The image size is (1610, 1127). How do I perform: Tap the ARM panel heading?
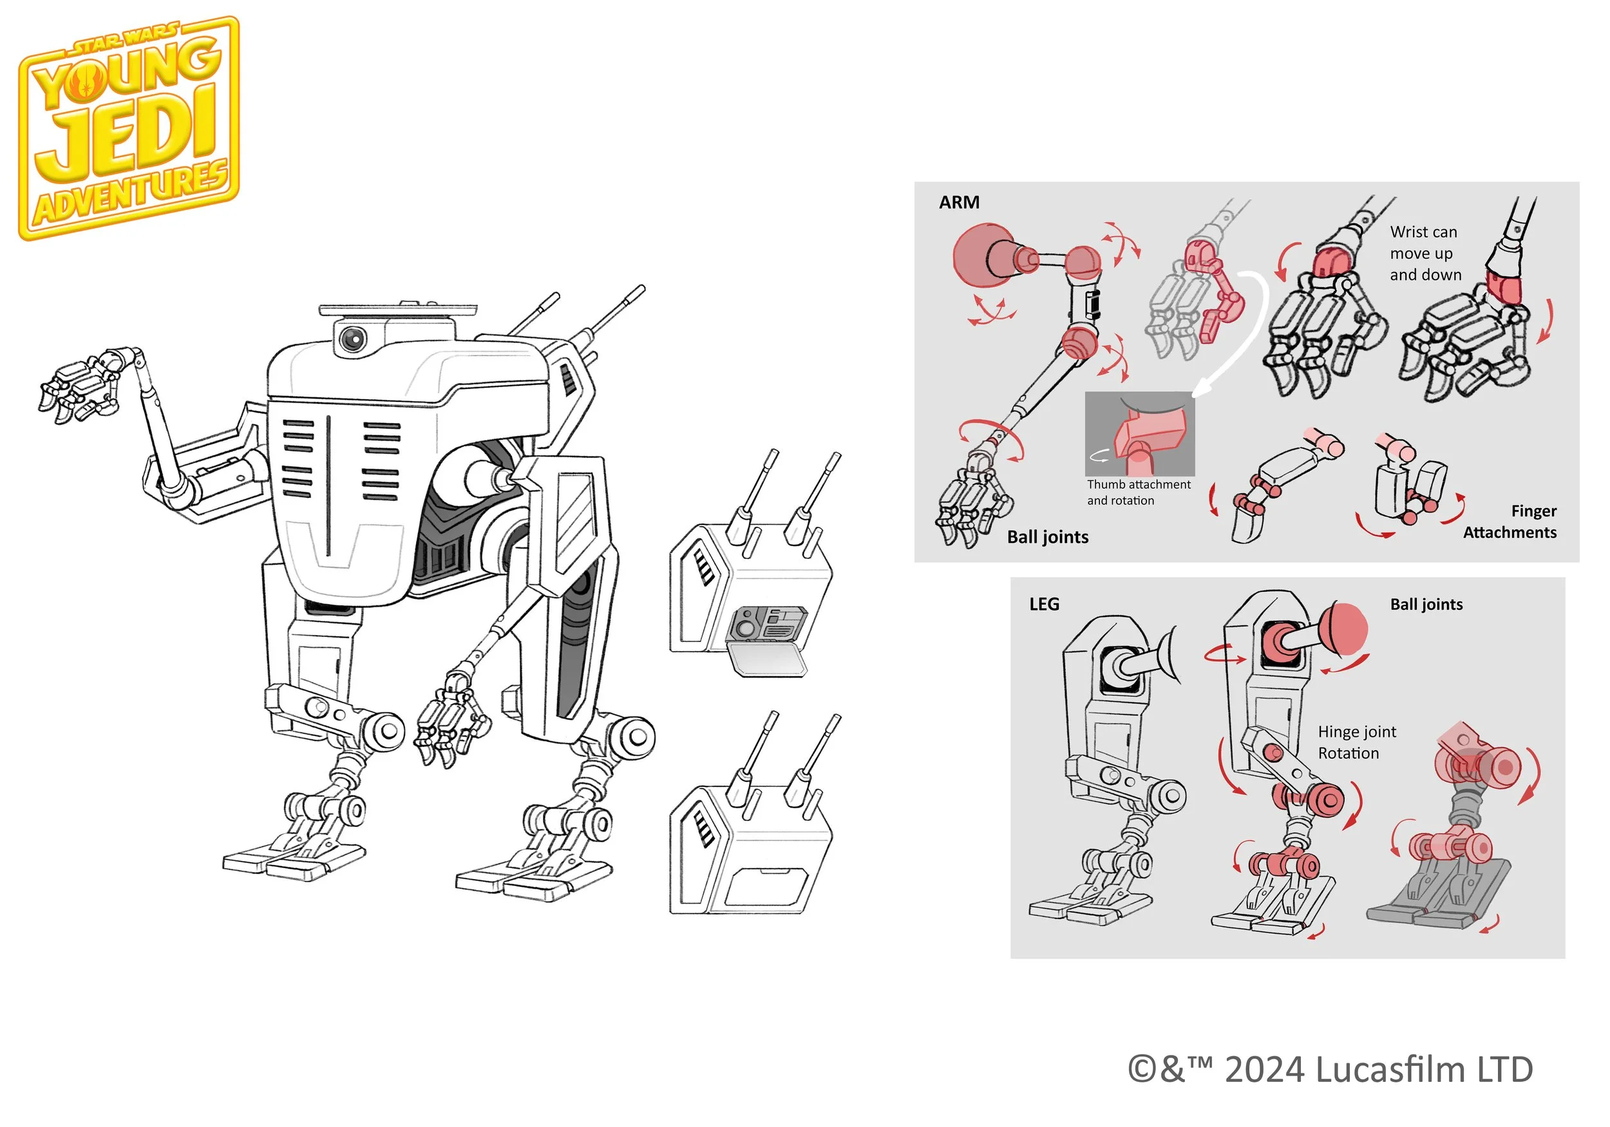tap(958, 203)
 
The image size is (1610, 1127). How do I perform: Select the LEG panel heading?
tap(1043, 605)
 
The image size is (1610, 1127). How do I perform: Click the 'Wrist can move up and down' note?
tap(1425, 253)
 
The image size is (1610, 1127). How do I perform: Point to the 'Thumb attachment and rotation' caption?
tap(1138, 492)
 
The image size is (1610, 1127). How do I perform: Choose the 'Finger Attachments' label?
tap(1510, 522)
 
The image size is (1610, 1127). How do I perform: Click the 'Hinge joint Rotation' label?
tap(1356, 743)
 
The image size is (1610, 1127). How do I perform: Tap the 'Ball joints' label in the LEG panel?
tap(1426, 605)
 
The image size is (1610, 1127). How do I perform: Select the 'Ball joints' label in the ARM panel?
tap(1048, 537)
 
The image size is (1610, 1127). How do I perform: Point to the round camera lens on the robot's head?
tap(352, 339)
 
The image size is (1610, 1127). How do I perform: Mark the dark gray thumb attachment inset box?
tap(1139, 434)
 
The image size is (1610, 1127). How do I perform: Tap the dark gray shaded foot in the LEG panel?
tap(1437, 901)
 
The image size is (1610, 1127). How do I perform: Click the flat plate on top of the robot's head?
tap(397, 309)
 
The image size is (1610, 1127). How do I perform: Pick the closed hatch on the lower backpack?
tap(766, 887)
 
